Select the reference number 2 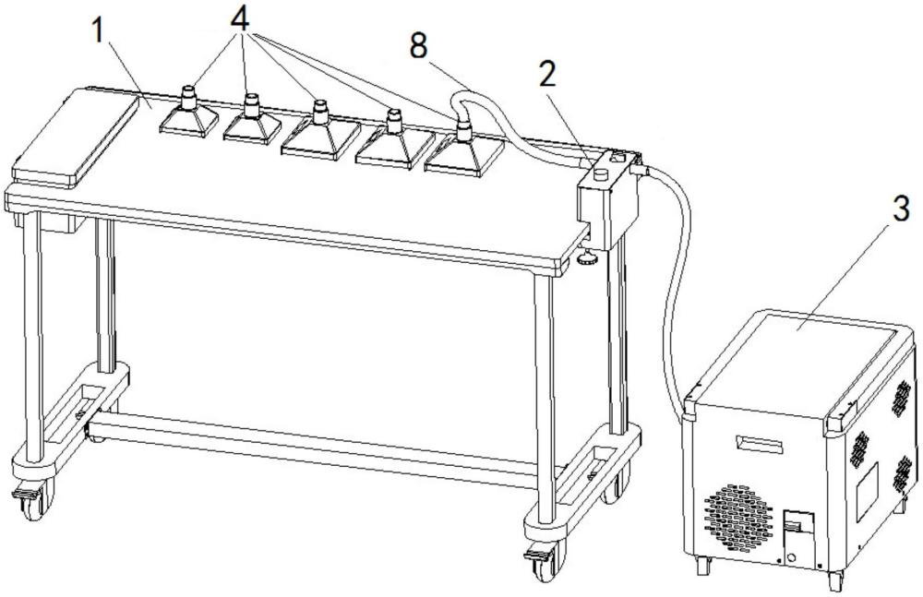(x=547, y=76)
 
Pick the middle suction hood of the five (x=318, y=130)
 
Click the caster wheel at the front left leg (x=30, y=502)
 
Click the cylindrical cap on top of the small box (x=601, y=173)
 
